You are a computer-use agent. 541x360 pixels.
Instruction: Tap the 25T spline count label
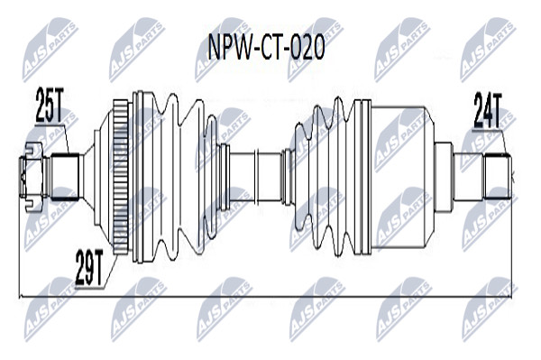tap(50, 106)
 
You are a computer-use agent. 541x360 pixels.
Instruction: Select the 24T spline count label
tap(487, 110)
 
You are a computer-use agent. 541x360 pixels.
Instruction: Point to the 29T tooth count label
tap(89, 267)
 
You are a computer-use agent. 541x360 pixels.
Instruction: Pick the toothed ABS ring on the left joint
tap(121, 177)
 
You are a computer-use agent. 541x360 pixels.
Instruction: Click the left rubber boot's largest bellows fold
tap(170, 176)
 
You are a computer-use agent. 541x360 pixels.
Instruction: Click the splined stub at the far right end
tap(497, 177)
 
